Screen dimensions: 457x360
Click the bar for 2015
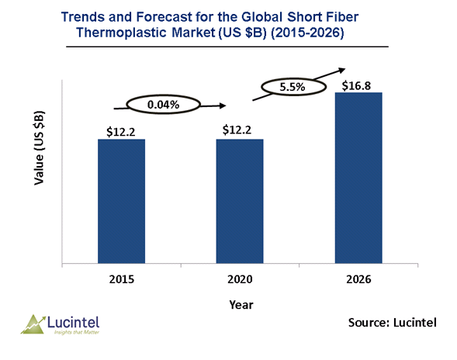point(121,201)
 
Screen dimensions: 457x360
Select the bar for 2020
point(240,201)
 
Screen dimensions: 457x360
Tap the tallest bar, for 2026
point(358,178)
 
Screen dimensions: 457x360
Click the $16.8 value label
point(356,85)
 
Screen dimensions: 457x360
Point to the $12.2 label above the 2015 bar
point(121,132)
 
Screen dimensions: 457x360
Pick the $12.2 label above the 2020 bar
point(237,130)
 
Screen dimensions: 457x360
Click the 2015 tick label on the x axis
point(122,279)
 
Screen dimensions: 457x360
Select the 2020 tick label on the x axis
point(240,279)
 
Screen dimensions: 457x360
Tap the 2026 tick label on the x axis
point(358,279)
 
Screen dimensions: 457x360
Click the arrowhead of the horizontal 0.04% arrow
point(223,106)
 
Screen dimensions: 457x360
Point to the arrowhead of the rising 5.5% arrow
point(342,70)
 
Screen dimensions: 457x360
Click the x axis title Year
point(241,305)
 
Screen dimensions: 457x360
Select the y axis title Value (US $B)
point(39,147)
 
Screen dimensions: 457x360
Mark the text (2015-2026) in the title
point(307,33)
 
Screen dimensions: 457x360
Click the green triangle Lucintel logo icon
point(33,324)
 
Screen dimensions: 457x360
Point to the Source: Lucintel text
point(393,323)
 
